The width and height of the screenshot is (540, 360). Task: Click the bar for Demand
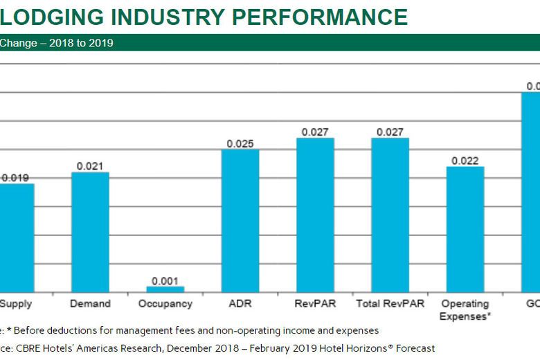[x=90, y=232]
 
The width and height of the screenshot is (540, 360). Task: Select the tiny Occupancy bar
[x=165, y=289]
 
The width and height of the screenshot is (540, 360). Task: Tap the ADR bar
[x=240, y=220]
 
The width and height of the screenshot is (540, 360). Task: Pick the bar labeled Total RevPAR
[x=390, y=215]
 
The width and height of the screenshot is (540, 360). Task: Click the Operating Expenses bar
[x=465, y=228]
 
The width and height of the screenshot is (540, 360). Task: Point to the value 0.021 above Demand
[x=90, y=166]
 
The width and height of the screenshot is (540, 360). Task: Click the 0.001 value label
[x=165, y=280]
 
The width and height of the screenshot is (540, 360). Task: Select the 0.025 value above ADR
[x=240, y=144]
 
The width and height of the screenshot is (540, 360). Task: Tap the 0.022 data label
[x=465, y=161]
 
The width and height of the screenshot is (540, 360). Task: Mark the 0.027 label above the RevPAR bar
[x=315, y=132]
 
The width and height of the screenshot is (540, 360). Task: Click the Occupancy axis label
[x=165, y=304]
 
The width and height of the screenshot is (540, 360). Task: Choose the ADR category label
[x=240, y=304]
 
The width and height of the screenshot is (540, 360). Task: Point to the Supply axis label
[x=15, y=304]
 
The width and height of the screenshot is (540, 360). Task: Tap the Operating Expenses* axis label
[x=465, y=310]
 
